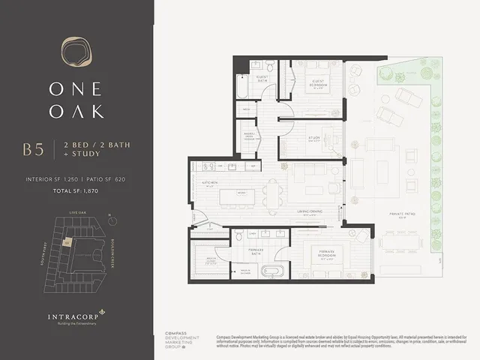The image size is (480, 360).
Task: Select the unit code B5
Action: (x=34, y=148)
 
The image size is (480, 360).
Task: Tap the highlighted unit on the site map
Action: (x=67, y=242)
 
